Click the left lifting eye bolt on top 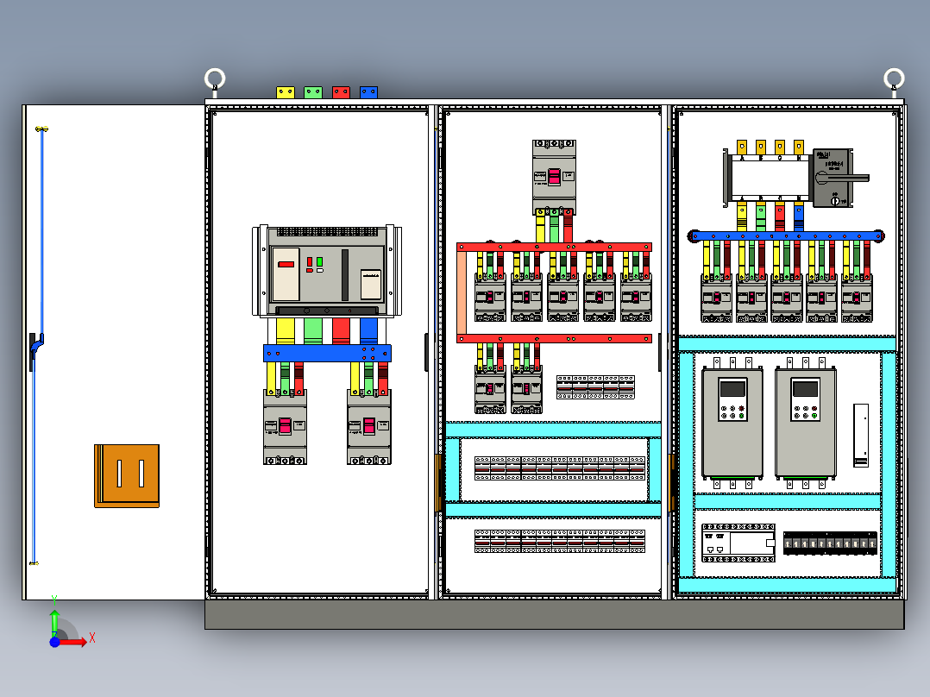(215, 80)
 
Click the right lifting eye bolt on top (894, 80)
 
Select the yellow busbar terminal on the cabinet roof (286, 91)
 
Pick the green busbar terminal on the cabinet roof (313, 91)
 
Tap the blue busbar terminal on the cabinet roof (368, 91)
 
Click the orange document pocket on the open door (127, 475)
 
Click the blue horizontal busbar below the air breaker (327, 353)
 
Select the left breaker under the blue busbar (285, 426)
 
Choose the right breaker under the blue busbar (369, 426)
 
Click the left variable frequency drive (732, 423)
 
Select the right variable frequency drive (806, 423)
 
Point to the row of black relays (830, 543)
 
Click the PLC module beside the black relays (738, 543)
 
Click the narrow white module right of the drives (860, 435)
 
